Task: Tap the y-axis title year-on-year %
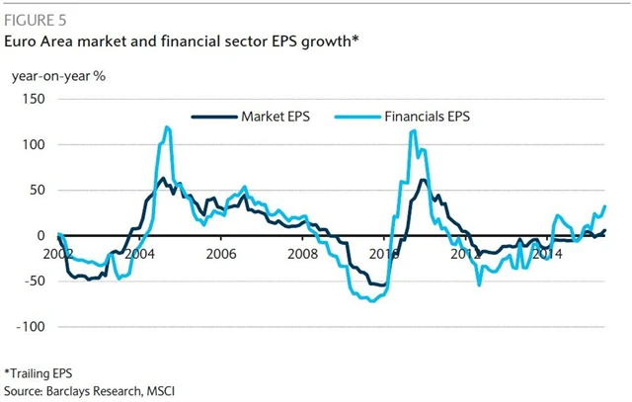[58, 75]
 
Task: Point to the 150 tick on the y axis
[34, 100]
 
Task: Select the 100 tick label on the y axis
[34, 145]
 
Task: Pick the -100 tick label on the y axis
[31, 326]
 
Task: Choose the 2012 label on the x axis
[464, 254]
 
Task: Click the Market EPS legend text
[276, 117]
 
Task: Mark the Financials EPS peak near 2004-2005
[167, 126]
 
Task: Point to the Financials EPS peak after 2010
[412, 131]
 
